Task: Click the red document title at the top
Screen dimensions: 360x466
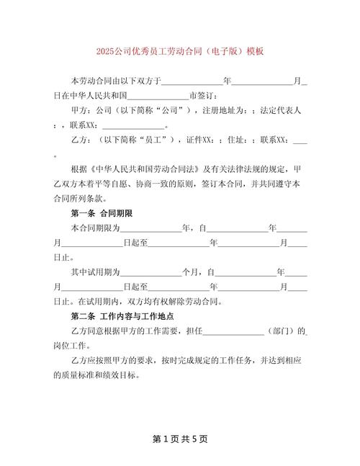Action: point(179,52)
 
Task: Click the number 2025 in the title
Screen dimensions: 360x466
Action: point(107,52)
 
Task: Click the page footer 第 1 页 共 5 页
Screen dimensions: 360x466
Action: point(179,439)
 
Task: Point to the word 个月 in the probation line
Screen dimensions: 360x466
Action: point(192,273)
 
